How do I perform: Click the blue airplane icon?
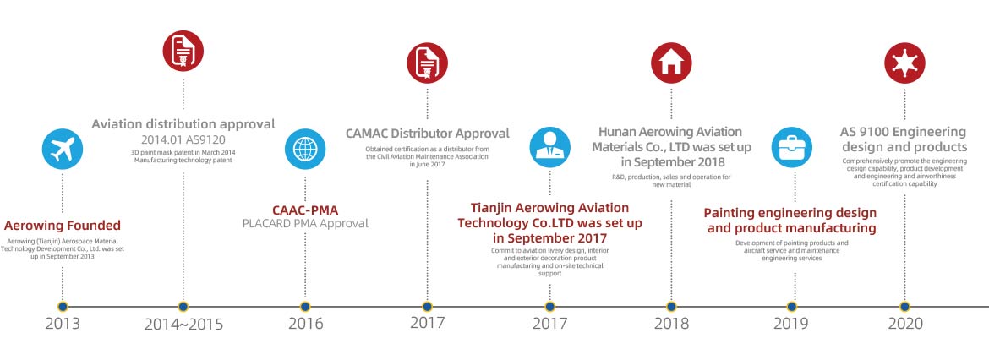click(x=63, y=149)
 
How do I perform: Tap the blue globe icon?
click(x=305, y=149)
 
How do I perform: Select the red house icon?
click(x=671, y=63)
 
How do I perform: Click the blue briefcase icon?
click(x=791, y=147)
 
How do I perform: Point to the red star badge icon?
click(x=904, y=63)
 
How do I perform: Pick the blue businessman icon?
click(x=549, y=147)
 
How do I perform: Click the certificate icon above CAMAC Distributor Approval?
click(x=427, y=63)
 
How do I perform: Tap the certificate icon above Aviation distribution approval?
click(x=183, y=51)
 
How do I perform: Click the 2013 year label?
click(x=63, y=324)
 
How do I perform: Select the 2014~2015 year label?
click(x=183, y=325)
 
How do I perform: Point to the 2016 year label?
click(x=306, y=324)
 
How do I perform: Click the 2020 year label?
click(x=905, y=324)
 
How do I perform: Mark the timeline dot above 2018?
click(x=671, y=307)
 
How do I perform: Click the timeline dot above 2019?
click(x=791, y=307)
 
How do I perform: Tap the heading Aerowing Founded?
click(x=63, y=226)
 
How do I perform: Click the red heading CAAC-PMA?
click(x=305, y=210)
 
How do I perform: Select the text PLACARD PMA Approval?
click(x=305, y=224)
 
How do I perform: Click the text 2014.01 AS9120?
click(x=183, y=139)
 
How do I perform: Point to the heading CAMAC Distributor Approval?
click(x=427, y=134)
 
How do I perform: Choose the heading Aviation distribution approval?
click(x=183, y=124)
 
